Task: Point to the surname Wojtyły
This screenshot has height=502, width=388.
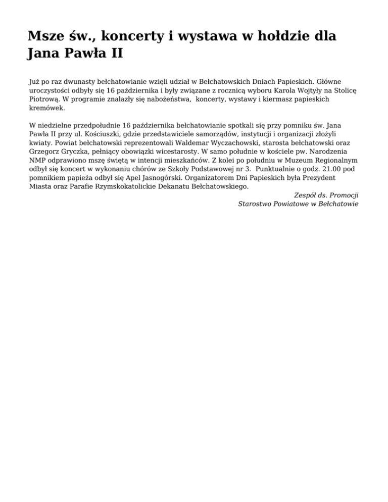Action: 303,89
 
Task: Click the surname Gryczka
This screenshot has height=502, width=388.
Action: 77,150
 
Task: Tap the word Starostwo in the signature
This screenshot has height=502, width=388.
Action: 256,204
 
